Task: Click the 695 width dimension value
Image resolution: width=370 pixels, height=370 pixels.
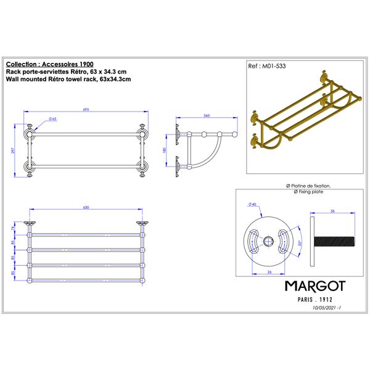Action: pos(86,110)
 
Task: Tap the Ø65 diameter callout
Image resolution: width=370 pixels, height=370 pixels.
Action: pos(52,119)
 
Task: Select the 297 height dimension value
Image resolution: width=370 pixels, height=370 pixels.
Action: pos(13,150)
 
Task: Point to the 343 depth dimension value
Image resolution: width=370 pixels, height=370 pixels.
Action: pos(207,116)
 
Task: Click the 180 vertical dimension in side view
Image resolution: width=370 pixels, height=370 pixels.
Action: pos(165,150)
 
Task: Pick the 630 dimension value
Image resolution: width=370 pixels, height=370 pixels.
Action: pos(86,207)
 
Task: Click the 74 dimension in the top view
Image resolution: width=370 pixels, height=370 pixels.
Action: pos(13,228)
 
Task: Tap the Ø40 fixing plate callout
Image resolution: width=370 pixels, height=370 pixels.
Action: pos(252,204)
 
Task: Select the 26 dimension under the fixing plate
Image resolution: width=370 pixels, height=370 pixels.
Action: pos(269,272)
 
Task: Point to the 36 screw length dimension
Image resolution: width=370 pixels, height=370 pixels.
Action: pos(332,211)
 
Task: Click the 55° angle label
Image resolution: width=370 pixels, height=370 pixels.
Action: pos(300,243)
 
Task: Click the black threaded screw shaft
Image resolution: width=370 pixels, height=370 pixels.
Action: pos(334,241)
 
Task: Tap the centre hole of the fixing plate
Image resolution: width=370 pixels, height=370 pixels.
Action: pos(268,242)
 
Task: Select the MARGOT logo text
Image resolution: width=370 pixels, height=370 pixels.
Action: pos(315,286)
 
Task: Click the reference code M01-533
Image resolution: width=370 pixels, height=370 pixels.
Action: pos(274,66)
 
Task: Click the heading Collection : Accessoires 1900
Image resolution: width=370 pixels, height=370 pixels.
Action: pos(50,64)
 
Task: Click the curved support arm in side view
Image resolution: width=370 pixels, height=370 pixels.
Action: pos(210,157)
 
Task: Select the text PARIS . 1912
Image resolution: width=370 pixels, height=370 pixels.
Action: pos(315,300)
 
